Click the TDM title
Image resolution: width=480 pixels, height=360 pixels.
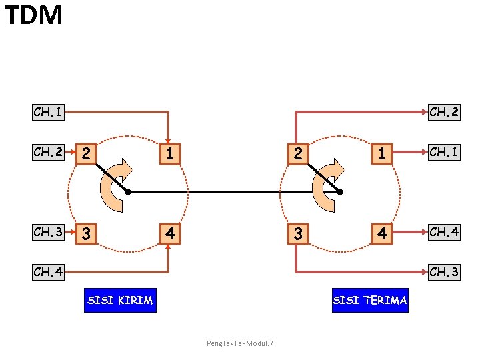[33, 15]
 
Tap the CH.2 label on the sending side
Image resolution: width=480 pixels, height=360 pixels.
[49, 152]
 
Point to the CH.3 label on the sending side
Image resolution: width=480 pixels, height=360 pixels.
[49, 232]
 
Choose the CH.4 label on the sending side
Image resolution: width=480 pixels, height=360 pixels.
[49, 272]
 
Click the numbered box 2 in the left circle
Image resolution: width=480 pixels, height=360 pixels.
[85, 154]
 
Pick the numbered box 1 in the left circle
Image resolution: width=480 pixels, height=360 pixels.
[170, 154]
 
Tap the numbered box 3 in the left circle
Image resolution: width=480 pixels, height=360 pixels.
[85, 234]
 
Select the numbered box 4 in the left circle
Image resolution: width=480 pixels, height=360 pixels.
[170, 234]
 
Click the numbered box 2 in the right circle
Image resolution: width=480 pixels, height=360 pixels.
[297, 154]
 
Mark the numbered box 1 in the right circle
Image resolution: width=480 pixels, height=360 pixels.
[382, 154]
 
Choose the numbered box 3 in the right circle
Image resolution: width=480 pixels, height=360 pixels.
[297, 234]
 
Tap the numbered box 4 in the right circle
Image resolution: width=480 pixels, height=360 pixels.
[382, 234]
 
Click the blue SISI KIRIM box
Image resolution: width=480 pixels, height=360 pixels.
[120, 301]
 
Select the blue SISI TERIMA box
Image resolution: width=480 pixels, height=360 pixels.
[370, 301]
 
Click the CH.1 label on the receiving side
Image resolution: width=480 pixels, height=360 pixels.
[443, 152]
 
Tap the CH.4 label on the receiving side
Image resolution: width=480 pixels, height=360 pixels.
[443, 232]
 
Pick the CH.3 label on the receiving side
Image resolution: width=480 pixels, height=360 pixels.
[443, 272]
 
